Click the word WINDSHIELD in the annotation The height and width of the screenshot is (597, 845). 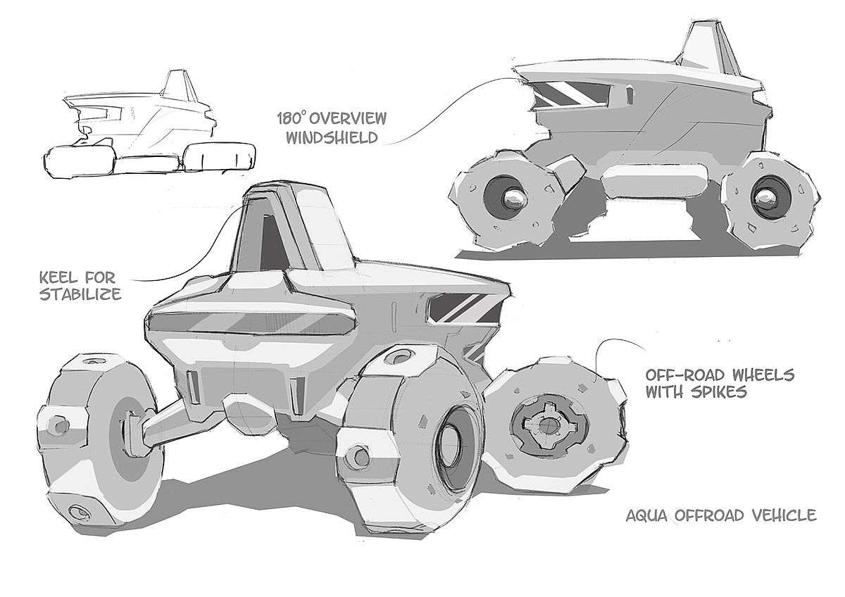click(332, 138)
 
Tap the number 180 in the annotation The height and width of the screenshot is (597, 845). click(289, 118)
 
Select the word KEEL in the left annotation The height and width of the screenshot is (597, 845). click(58, 278)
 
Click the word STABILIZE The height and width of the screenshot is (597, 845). click(80, 294)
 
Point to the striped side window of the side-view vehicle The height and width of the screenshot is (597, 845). click(572, 93)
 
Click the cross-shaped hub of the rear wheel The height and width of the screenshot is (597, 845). click(542, 425)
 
